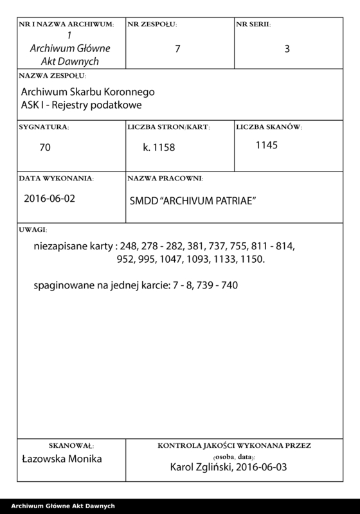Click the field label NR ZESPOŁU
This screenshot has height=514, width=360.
(152, 24)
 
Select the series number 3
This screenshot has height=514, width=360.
(287, 48)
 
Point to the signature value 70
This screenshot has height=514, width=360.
(45, 147)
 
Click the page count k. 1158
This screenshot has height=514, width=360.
(159, 147)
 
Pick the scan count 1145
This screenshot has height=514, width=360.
(266, 145)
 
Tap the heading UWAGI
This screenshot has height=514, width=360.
(32, 229)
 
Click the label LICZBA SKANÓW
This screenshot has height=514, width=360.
(269, 127)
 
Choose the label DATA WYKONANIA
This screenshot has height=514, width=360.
(57, 177)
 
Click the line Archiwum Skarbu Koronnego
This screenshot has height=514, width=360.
(88, 91)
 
